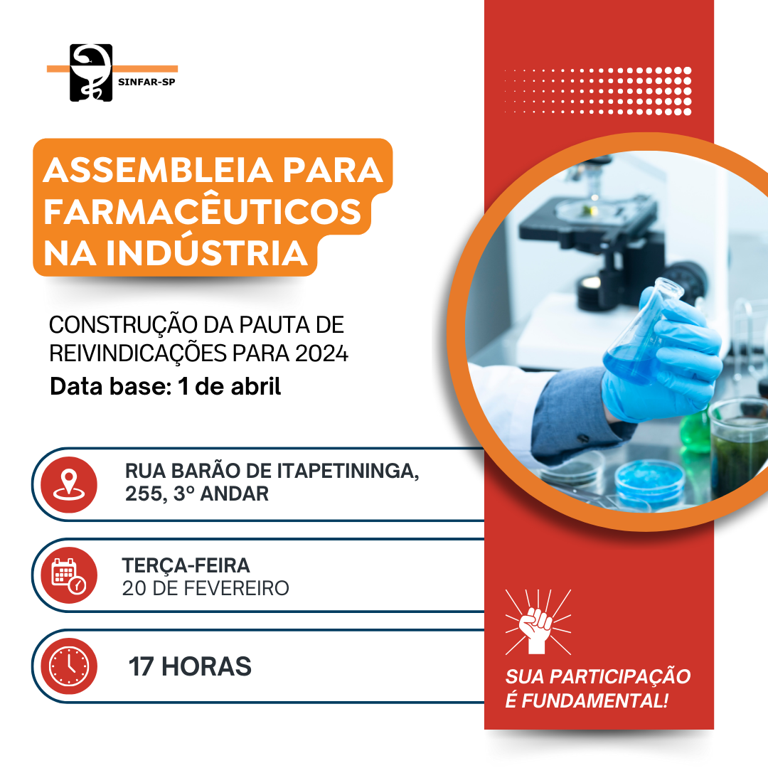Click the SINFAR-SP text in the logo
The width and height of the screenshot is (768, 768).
coord(146,82)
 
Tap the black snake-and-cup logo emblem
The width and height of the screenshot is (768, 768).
coord(91,73)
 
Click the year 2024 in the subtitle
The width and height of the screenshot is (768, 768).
coord(322,353)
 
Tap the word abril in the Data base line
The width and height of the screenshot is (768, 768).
coord(256,386)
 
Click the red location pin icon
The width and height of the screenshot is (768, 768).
coord(69,484)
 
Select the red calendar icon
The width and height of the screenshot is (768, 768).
coord(69,575)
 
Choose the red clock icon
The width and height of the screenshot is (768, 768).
coord(69,666)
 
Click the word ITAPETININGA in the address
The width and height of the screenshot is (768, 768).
coord(348,471)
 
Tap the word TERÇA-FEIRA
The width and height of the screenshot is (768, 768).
coord(186,565)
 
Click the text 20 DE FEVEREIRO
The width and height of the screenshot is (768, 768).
coord(206,588)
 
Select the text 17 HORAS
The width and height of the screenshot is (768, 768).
coord(190,666)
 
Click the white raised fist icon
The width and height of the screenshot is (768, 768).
coord(538,622)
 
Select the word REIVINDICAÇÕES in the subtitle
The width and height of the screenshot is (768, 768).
coord(138,353)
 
